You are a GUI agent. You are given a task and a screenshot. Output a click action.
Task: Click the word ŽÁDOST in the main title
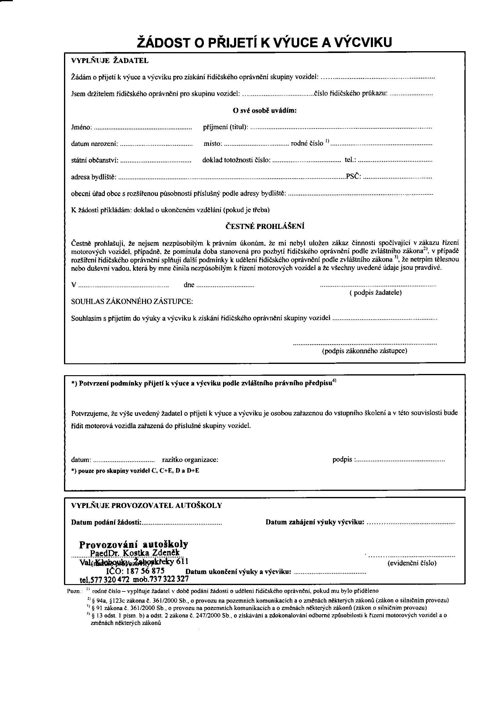pyautogui.click(x=164, y=43)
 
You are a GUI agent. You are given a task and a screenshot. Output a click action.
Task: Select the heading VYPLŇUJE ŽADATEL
pyautogui.click(x=110, y=61)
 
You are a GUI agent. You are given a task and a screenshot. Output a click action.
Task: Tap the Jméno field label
pyautogui.click(x=81, y=127)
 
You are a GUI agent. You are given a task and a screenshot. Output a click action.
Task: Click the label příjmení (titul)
pyautogui.click(x=225, y=127)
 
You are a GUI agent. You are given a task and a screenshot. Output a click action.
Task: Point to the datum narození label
pyautogui.click(x=94, y=143)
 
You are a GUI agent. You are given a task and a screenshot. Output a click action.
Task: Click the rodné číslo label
pyautogui.click(x=307, y=143)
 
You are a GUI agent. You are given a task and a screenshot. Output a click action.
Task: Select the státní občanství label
pyautogui.click(x=95, y=160)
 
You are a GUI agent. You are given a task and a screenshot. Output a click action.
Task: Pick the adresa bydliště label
pyautogui.click(x=94, y=177)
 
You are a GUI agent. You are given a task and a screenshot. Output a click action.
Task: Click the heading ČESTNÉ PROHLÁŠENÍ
pyautogui.click(x=265, y=226)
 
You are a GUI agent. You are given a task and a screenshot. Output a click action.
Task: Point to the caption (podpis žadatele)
pyautogui.click(x=375, y=292)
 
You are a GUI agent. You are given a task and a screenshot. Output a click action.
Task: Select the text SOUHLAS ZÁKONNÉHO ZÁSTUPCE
pyautogui.click(x=132, y=301)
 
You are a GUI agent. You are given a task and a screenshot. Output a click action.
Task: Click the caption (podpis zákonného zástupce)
pyautogui.click(x=365, y=351)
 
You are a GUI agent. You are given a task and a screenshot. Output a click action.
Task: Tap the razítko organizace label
pyautogui.click(x=190, y=460)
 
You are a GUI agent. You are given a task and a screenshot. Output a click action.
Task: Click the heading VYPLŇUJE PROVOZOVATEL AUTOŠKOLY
pyautogui.click(x=147, y=506)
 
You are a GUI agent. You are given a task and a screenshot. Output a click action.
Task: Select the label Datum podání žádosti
pyautogui.click(x=106, y=523)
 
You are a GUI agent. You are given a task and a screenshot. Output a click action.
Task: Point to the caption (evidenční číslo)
pyautogui.click(x=412, y=563)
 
